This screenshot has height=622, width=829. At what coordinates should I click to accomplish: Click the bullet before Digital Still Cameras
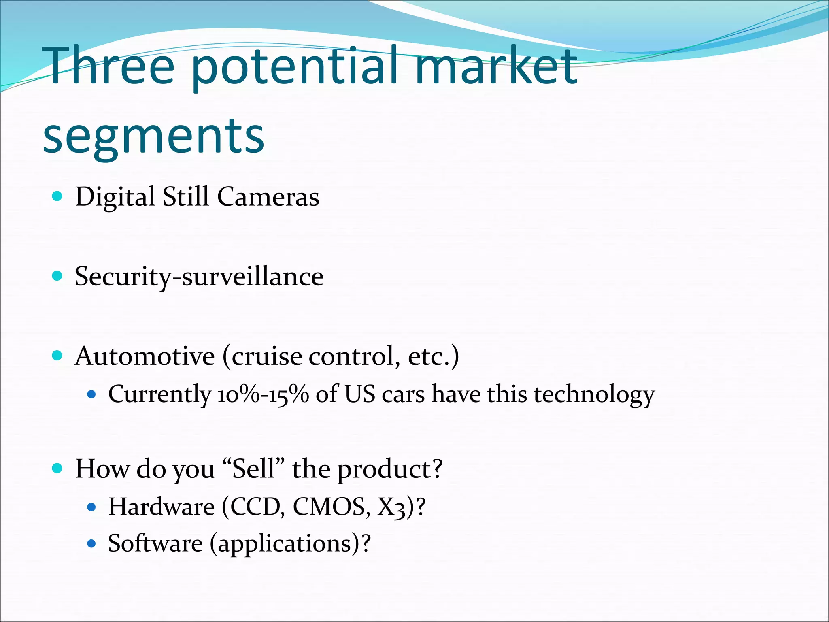[57, 197]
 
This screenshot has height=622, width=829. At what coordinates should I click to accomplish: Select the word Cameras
[268, 197]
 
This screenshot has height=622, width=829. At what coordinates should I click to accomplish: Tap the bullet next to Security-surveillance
[57, 276]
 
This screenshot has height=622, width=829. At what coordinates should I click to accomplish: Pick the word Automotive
[145, 356]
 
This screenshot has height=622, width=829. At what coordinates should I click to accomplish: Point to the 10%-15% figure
[263, 394]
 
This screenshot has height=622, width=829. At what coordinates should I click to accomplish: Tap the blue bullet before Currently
[91, 394]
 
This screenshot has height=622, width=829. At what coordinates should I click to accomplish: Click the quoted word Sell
[253, 469]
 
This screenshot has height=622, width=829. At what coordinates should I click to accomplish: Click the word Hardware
[161, 507]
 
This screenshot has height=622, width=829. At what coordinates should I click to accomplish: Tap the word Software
[155, 543]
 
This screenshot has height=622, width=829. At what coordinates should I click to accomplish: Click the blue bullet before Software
[91, 543]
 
